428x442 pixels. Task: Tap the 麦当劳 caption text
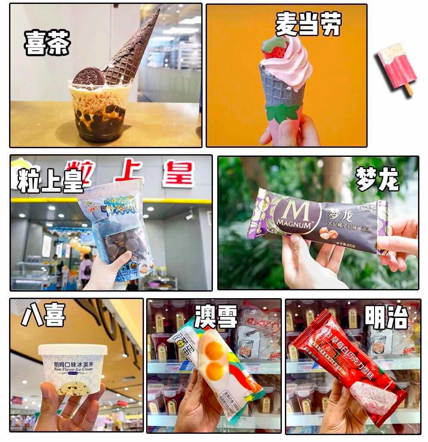pyautogui.click(x=308, y=24)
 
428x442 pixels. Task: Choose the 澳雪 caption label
pyautogui.click(x=216, y=317)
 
